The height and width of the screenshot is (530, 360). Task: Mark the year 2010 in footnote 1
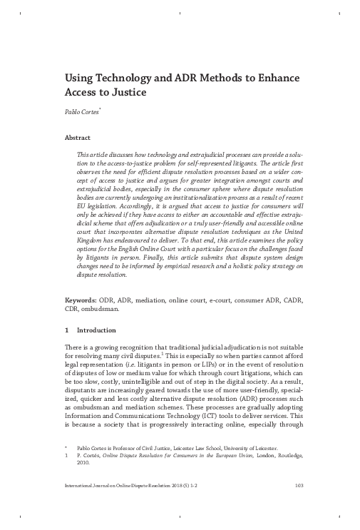tap(85, 462)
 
